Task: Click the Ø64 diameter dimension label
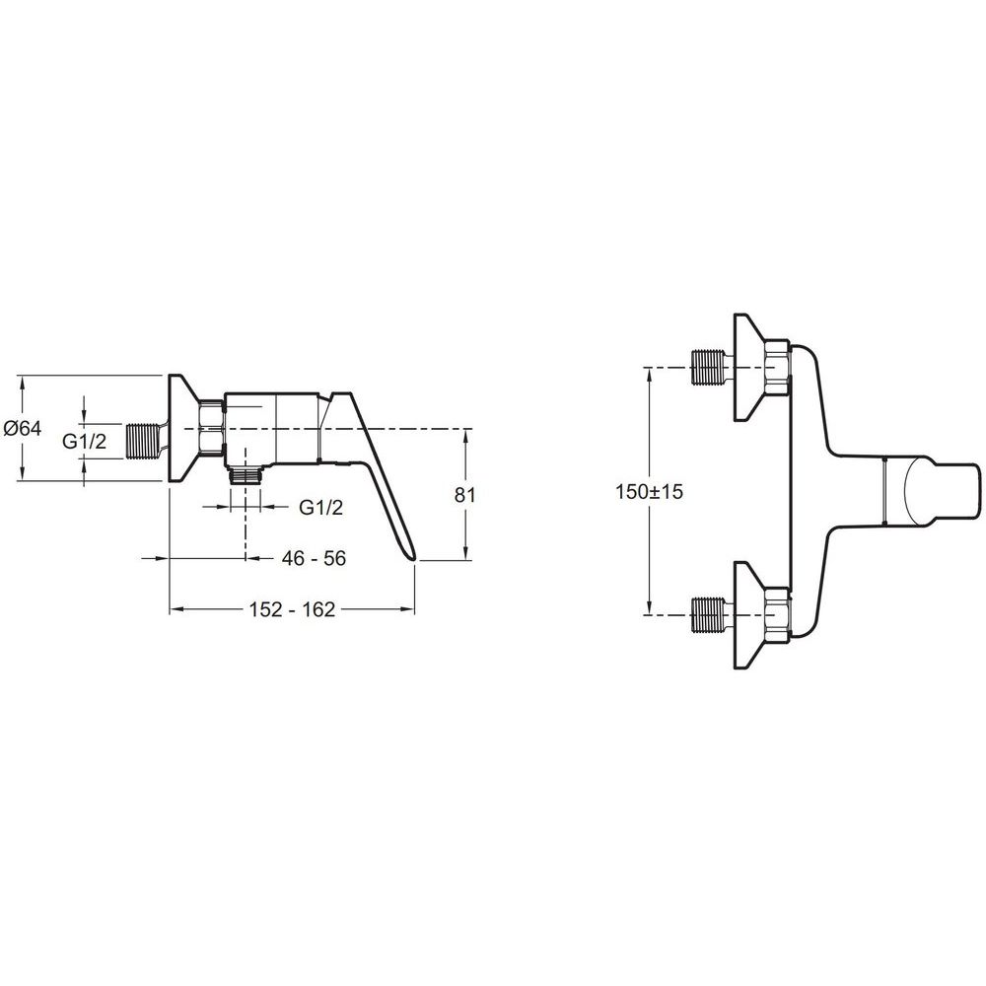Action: (23, 428)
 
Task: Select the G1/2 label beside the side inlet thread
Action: (84, 442)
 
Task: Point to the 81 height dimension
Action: (464, 495)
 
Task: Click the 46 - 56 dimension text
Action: (314, 558)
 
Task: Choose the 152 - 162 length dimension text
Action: (292, 609)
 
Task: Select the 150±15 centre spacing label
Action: (649, 491)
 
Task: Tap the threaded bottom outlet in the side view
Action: (246, 475)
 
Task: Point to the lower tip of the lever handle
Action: (414, 557)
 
